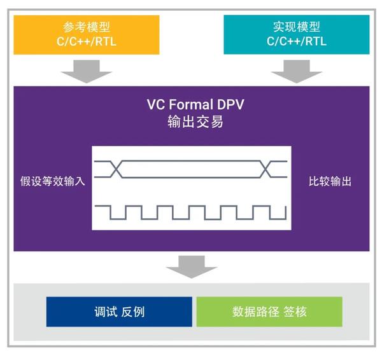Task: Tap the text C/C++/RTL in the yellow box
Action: (86, 42)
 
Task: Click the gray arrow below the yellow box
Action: (86, 71)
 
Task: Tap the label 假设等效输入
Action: (52, 181)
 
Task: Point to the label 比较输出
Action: (329, 181)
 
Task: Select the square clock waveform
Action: (191, 212)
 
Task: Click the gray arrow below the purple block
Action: (191, 265)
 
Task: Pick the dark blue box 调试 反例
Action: (119, 312)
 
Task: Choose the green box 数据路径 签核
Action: (269, 312)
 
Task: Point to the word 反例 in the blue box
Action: (134, 312)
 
